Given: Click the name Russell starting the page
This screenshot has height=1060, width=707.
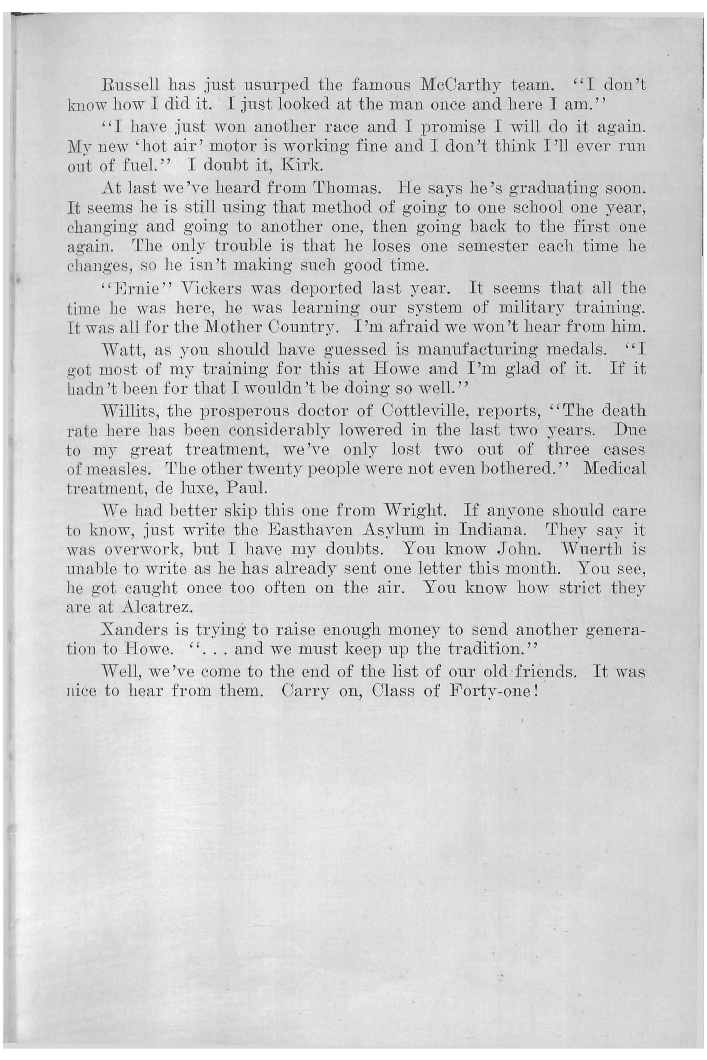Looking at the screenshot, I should [x=128, y=84].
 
